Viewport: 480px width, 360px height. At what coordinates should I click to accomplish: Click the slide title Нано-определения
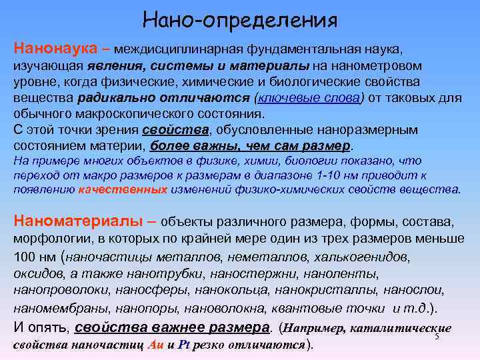tap(240, 19)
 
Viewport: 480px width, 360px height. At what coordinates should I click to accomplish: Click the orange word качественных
tap(122, 189)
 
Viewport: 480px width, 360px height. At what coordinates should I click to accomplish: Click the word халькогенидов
tap(362, 257)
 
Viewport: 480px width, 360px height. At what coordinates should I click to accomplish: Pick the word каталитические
tap(400, 328)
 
